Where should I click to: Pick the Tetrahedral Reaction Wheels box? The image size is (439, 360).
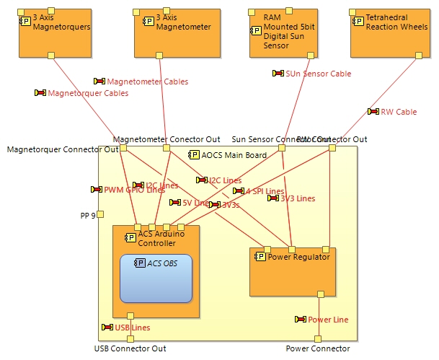click(x=389, y=33)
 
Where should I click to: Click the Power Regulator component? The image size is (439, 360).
click(x=293, y=274)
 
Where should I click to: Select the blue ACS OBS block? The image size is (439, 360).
click(x=156, y=278)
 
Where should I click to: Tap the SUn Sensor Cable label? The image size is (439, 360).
click(x=317, y=74)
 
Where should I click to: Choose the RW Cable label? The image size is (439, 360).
click(x=398, y=112)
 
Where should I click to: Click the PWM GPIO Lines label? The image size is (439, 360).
click(x=134, y=190)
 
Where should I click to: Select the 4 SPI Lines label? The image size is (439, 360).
click(x=264, y=191)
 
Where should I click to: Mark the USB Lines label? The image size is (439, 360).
click(x=132, y=328)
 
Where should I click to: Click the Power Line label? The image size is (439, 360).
click(x=327, y=320)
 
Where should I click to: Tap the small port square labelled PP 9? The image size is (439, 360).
click(x=101, y=214)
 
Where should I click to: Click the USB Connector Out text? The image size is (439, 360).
click(x=130, y=349)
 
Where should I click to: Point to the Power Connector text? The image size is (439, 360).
click(x=318, y=349)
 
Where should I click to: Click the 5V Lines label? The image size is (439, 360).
click(x=195, y=203)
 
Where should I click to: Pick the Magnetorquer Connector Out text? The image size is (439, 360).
click(x=62, y=149)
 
